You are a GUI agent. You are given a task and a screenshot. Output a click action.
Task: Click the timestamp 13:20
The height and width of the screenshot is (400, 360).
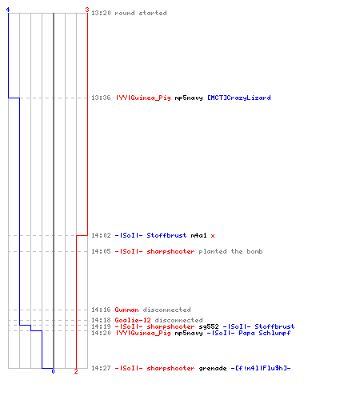pyautogui.click(x=101, y=13)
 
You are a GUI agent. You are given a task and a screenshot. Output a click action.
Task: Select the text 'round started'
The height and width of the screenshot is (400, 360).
pyautogui.click(x=141, y=13)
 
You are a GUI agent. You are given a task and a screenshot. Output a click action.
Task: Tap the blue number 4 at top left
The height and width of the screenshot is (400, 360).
pyautogui.click(x=8, y=10)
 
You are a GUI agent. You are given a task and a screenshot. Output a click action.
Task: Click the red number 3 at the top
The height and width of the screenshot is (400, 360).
pyautogui.click(x=87, y=10)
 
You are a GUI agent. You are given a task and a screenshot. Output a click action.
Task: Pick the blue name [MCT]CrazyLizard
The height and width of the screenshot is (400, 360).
pyautogui.click(x=239, y=98)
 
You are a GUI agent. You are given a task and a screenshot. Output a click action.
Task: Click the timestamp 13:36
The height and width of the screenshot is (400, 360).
pyautogui.click(x=101, y=98)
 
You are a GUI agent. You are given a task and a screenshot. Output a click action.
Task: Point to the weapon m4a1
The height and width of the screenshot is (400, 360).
pyautogui.click(x=198, y=235)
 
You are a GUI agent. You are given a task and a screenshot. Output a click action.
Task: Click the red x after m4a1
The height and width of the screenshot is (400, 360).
pyautogui.click(x=213, y=236)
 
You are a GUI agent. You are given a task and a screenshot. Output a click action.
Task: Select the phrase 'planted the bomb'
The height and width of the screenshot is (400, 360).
pyautogui.click(x=230, y=251)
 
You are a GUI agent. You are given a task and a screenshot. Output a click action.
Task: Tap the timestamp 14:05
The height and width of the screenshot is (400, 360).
pyautogui.click(x=101, y=251)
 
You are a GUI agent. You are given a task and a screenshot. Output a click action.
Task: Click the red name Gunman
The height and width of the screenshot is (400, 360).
pyautogui.click(x=126, y=310)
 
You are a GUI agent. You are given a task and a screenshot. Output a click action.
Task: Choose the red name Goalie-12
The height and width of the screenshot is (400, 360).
pyautogui.click(x=133, y=320)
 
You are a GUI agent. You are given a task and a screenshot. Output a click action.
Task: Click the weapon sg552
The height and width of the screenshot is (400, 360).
pyautogui.click(x=209, y=326)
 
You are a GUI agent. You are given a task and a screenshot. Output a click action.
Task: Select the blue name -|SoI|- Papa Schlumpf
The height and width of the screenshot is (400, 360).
pyautogui.click(x=249, y=333)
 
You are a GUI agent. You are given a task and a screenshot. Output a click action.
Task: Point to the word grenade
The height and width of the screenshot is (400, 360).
pyautogui.click(x=213, y=369)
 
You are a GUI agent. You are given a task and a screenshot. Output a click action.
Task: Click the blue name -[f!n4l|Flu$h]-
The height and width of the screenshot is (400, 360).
pyautogui.click(x=261, y=368)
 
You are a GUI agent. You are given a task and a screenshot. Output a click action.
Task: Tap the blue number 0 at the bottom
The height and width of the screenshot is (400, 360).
pyautogui.click(x=53, y=371)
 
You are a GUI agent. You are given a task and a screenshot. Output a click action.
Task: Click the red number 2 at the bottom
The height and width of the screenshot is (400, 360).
pyautogui.click(x=76, y=371)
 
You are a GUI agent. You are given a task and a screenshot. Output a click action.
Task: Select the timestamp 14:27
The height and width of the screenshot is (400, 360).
pyautogui.click(x=101, y=368)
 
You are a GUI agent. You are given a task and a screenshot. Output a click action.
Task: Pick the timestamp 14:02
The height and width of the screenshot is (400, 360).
pyautogui.click(x=101, y=235)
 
